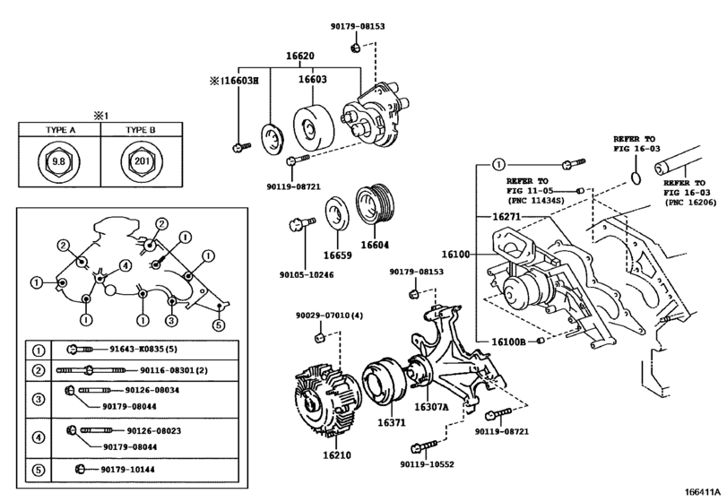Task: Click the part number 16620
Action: [x=300, y=56]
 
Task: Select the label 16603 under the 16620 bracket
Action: [x=313, y=79]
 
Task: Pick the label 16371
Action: [x=391, y=421]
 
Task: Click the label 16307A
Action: [x=430, y=406]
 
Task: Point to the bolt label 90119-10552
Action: [x=426, y=465]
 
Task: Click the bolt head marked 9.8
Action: [x=59, y=162]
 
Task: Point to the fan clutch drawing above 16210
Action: [x=325, y=397]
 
